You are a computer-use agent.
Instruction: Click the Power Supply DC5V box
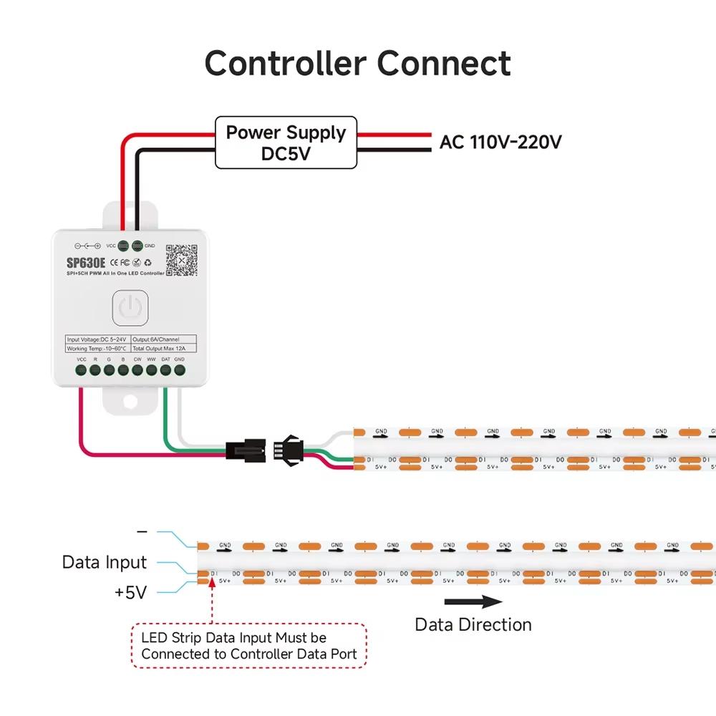point(286,142)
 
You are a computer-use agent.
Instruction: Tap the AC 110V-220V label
point(500,142)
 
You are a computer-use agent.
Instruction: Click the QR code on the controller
point(181,261)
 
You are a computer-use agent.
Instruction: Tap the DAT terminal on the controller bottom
point(165,370)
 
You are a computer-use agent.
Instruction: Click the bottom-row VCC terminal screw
point(82,370)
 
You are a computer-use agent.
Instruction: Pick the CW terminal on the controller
point(137,370)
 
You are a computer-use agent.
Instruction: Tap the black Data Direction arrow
point(473,601)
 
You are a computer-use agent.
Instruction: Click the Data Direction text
point(473,624)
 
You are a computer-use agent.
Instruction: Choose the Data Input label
point(105,562)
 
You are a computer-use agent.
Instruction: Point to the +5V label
point(130,593)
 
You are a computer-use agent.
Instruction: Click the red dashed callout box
point(249,646)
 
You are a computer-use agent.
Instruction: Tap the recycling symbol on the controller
point(147,263)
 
